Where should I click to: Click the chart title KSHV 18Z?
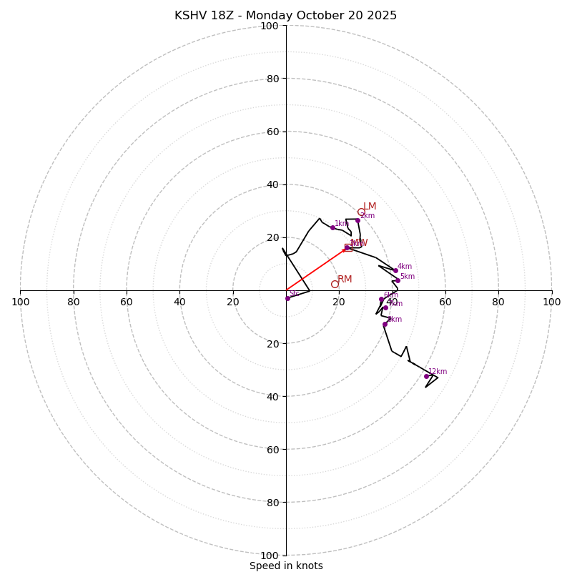click(285, 16)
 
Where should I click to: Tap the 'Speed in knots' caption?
click(286, 566)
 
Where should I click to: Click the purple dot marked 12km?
click(426, 376)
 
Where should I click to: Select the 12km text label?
click(438, 372)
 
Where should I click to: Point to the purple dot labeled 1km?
click(332, 227)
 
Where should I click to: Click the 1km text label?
click(342, 224)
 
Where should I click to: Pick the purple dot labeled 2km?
click(357, 220)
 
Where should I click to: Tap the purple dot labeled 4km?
click(395, 270)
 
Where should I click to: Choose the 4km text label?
click(405, 267)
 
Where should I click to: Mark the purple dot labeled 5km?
click(398, 280)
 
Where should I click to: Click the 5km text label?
click(408, 277)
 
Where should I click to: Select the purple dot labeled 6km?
click(381, 299)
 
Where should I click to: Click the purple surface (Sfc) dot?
click(287, 298)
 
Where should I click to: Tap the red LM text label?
click(370, 207)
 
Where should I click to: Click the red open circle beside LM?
click(361, 212)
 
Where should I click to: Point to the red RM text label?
click(345, 280)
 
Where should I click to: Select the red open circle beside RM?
click(335, 284)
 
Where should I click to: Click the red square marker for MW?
click(348, 247)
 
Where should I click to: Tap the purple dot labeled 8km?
click(385, 324)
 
